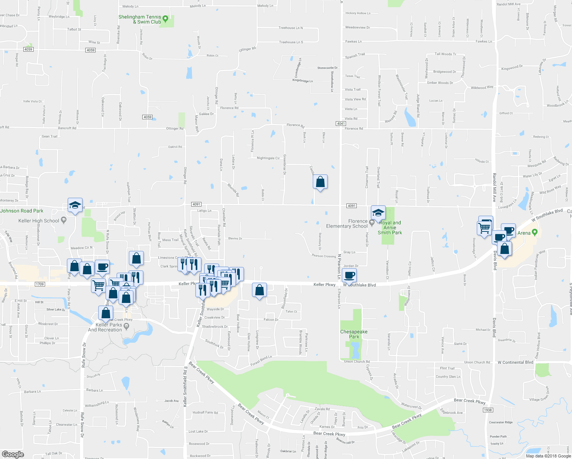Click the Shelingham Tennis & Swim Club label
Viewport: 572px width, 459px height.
coord(140,20)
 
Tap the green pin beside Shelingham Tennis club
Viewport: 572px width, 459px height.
coord(165,18)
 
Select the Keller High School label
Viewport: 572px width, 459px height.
coord(39,221)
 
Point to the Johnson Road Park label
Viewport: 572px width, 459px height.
coord(22,211)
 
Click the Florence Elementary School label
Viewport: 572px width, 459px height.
coord(347,224)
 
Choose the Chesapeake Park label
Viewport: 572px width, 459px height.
coord(354,334)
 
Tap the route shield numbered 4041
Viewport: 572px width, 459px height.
coord(341,124)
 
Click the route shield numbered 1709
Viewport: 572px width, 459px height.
coord(39,284)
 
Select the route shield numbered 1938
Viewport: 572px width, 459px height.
coord(487,410)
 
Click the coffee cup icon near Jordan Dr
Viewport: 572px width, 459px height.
coord(349,275)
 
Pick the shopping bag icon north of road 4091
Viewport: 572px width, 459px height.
coord(320,182)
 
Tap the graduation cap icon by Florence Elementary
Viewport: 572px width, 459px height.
coord(378,213)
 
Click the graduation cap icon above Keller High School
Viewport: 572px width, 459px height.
coord(75,205)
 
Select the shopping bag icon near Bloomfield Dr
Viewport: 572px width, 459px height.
coord(260,290)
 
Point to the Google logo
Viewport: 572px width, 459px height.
coord(13,454)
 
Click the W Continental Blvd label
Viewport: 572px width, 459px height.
coord(515,362)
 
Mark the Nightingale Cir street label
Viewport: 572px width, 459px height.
coord(268,158)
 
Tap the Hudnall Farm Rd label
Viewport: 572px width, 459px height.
coord(205,413)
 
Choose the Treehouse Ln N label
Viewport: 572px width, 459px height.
coord(291,28)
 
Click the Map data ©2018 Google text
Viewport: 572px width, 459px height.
coord(548,456)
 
